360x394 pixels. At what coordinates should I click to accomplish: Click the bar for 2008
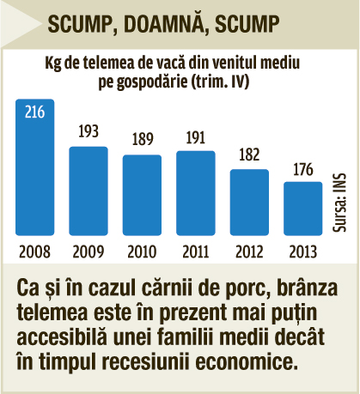(x=34, y=167)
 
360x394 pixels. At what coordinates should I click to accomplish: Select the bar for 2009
(x=88, y=191)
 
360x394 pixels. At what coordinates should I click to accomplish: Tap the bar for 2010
(x=142, y=195)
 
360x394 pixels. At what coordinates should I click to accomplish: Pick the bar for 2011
(x=196, y=193)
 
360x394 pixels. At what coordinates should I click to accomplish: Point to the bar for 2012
(x=249, y=203)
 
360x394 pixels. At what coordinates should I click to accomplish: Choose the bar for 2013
(x=303, y=209)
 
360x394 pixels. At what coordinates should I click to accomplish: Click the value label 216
(x=34, y=112)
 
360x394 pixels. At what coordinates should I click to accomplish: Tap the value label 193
(x=88, y=131)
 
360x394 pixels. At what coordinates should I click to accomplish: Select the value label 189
(x=143, y=139)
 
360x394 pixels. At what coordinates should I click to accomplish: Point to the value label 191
(x=196, y=137)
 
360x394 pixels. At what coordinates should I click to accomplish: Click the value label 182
(x=249, y=155)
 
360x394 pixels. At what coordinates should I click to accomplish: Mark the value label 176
(x=303, y=169)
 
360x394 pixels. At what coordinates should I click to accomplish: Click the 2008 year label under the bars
(x=34, y=252)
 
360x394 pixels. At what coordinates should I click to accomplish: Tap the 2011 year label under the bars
(x=196, y=252)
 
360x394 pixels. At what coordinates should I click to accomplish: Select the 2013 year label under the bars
(x=303, y=252)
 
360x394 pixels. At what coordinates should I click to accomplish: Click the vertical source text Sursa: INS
(x=339, y=202)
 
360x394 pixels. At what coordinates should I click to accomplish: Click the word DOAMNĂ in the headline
(x=163, y=24)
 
